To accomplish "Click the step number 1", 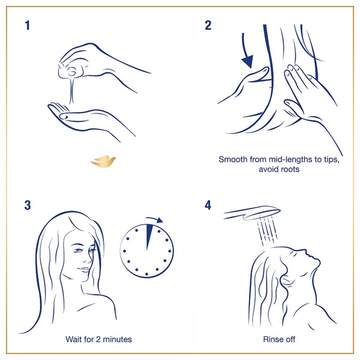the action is pyautogui.click(x=27, y=25).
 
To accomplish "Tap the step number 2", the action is pyautogui.click(x=208, y=25).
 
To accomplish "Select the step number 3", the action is pyautogui.click(x=27, y=205).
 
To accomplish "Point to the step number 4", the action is pyautogui.click(x=208, y=205).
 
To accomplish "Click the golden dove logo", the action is pyautogui.click(x=103, y=161).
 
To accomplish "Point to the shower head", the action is pyautogui.click(x=252, y=213).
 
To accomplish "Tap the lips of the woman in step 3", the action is pyautogui.click(x=84, y=269).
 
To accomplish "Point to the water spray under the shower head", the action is pyautogui.click(x=267, y=229).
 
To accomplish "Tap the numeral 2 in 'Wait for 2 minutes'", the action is pyautogui.click(x=98, y=339).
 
